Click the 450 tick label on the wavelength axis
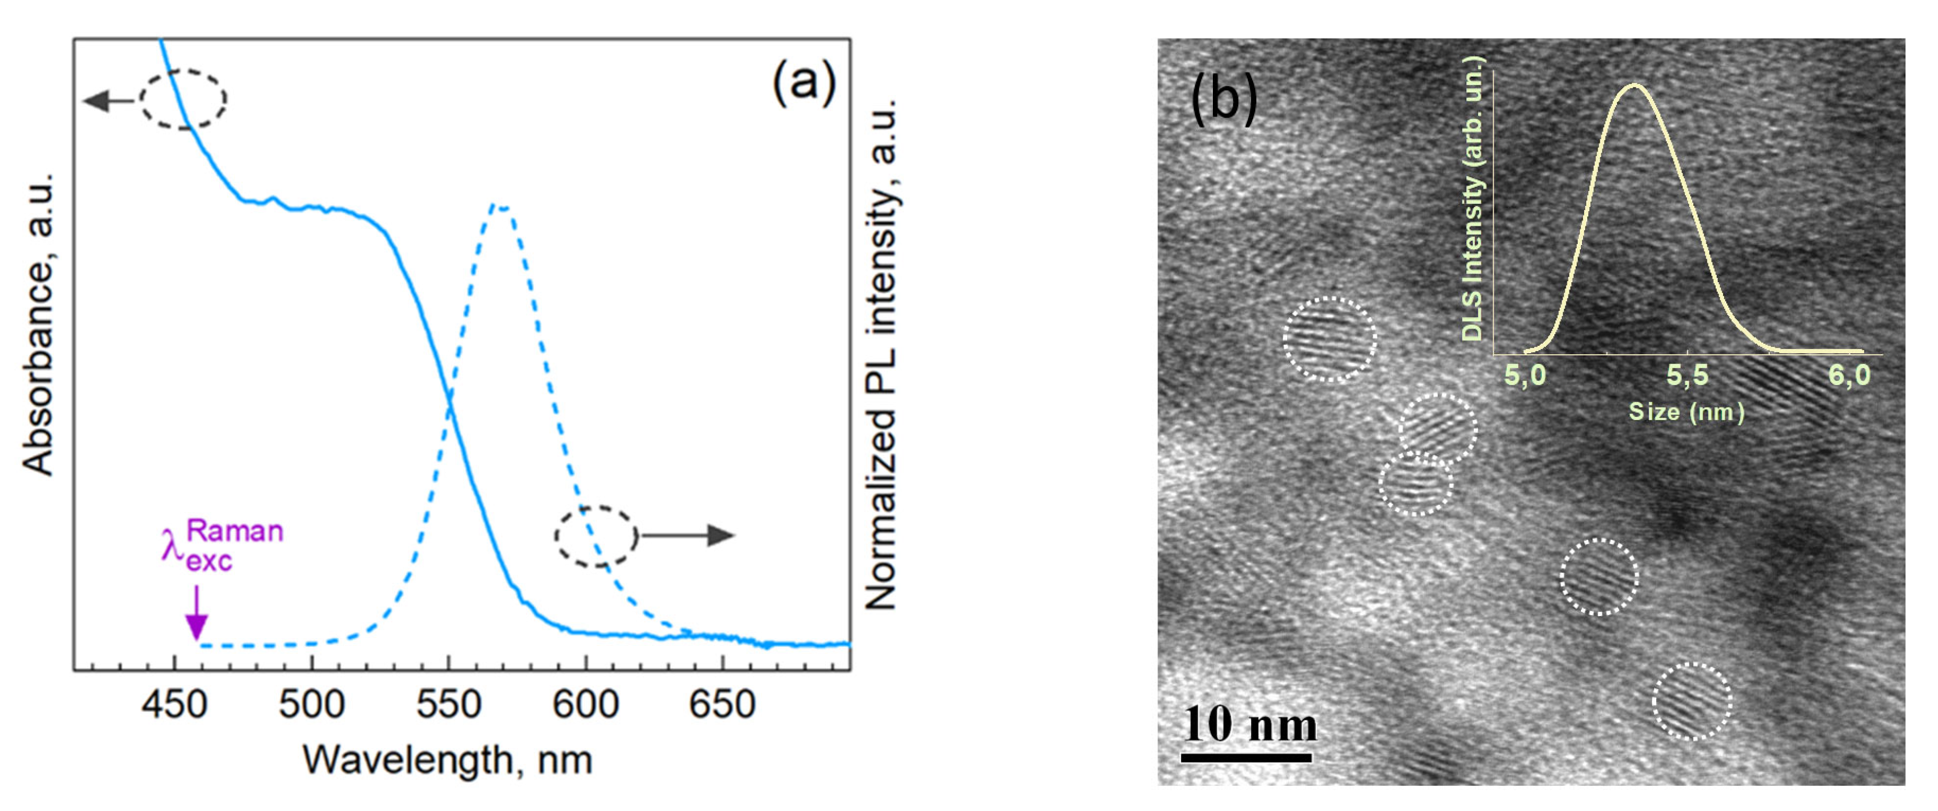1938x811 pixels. pos(175,705)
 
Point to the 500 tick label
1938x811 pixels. pos(312,705)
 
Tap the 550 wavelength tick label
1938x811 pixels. pos(449,705)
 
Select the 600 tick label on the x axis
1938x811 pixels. pos(586,705)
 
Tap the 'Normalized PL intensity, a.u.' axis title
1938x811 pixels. pos(882,354)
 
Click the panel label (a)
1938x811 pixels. pos(804,82)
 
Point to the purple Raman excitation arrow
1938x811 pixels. pos(197,613)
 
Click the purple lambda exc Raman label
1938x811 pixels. pos(222,546)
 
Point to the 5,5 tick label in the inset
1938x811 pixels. pos(1688,375)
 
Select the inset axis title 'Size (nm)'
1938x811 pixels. pos(1686,412)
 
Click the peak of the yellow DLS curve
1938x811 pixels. pos(1634,85)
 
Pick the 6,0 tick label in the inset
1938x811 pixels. pos(1849,375)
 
